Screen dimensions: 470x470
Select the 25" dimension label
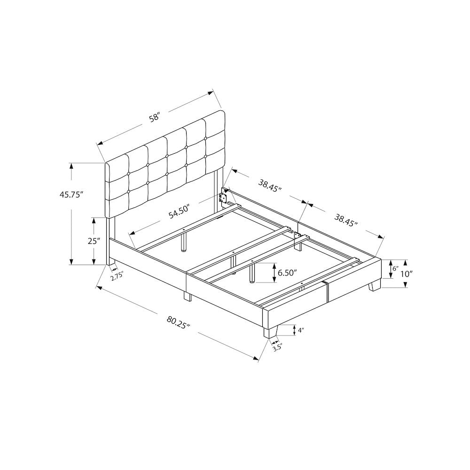(x=94, y=241)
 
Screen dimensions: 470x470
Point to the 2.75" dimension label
(x=117, y=277)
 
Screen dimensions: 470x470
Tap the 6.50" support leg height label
(x=289, y=273)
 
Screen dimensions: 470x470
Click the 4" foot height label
(x=301, y=330)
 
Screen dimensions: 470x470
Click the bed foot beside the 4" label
(x=269, y=331)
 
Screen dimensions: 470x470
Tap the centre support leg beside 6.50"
(x=253, y=273)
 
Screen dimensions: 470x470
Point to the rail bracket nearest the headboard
(x=224, y=196)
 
